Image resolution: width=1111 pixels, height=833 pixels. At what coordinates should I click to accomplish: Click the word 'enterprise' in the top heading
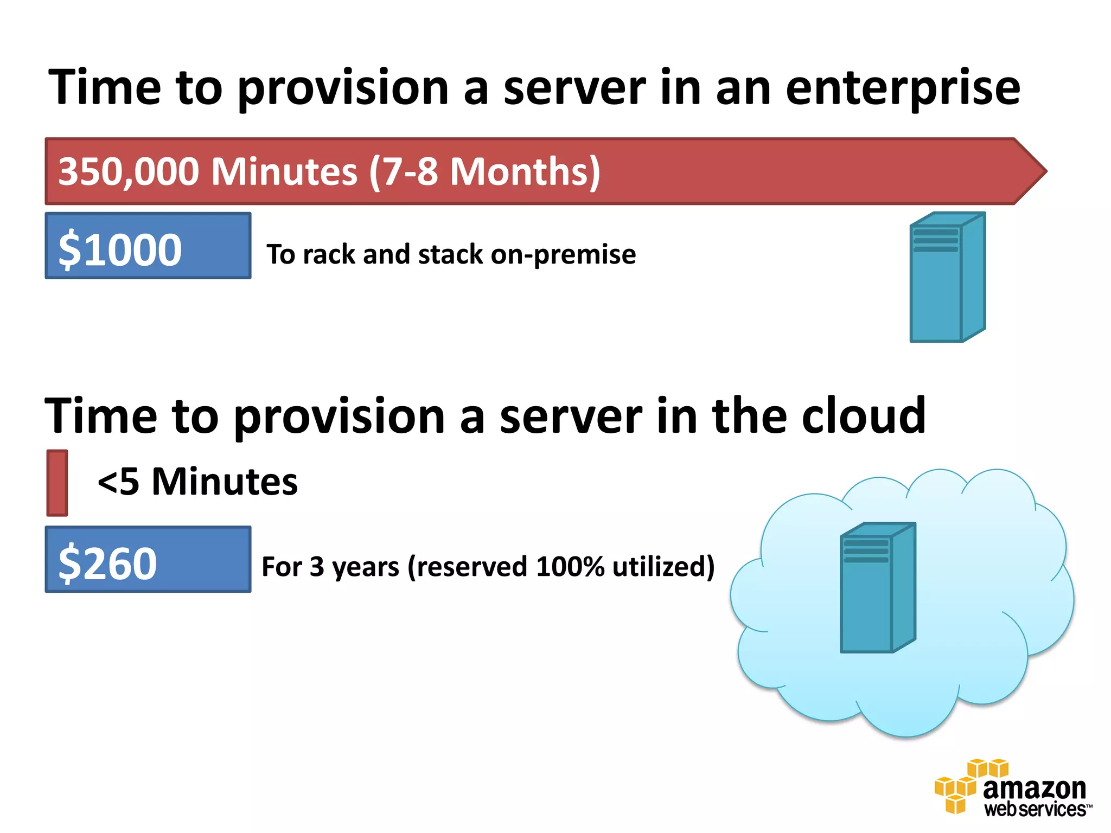[x=903, y=88]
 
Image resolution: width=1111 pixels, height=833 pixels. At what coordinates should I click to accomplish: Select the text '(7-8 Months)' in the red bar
[x=484, y=171]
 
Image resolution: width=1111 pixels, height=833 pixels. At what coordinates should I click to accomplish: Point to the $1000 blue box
[x=148, y=246]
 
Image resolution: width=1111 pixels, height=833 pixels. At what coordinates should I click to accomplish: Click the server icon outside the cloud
[x=947, y=277]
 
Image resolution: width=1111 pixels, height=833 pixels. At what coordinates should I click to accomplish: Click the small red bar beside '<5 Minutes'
[x=57, y=483]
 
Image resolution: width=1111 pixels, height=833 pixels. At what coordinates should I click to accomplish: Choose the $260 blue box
[x=148, y=559]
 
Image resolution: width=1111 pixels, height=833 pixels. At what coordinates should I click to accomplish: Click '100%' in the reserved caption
[x=570, y=567]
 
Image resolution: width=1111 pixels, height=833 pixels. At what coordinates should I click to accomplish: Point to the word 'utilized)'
[x=663, y=567]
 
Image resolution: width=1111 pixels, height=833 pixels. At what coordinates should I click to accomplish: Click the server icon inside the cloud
[x=878, y=588]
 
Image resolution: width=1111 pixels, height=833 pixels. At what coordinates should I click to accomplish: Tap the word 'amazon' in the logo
[x=1034, y=789]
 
